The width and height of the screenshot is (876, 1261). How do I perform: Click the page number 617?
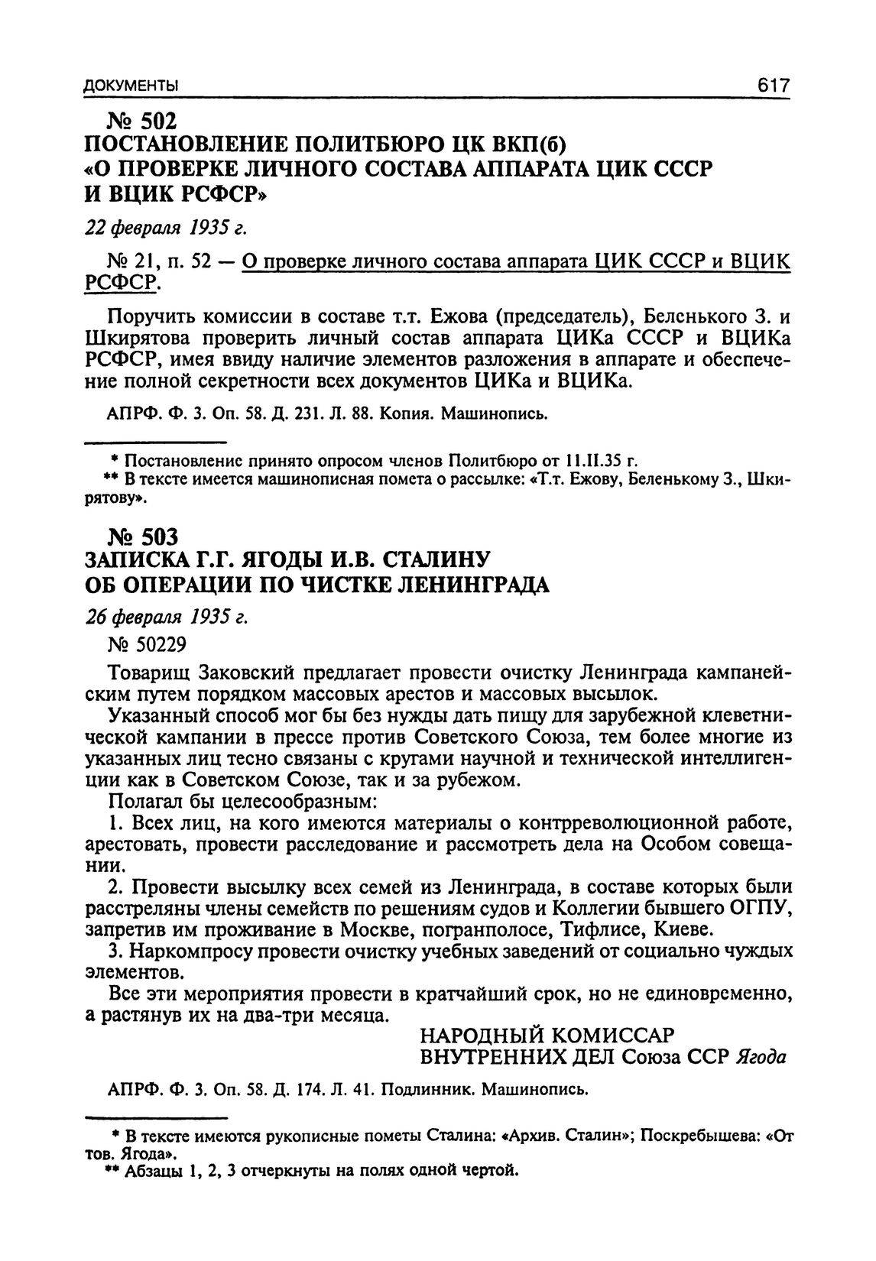(773, 86)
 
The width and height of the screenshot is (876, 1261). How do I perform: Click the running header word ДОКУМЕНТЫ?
(131, 87)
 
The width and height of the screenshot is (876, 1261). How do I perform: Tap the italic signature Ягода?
(761, 1057)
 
